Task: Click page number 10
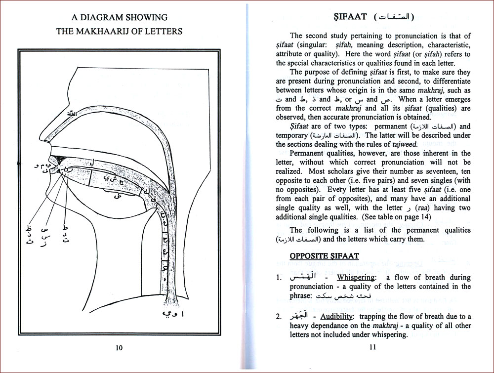pos(119,347)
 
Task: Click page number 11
pos(372,347)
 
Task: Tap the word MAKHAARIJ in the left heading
pos(109,32)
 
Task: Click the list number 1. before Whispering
pos(279,278)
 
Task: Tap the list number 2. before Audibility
pos(279,317)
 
